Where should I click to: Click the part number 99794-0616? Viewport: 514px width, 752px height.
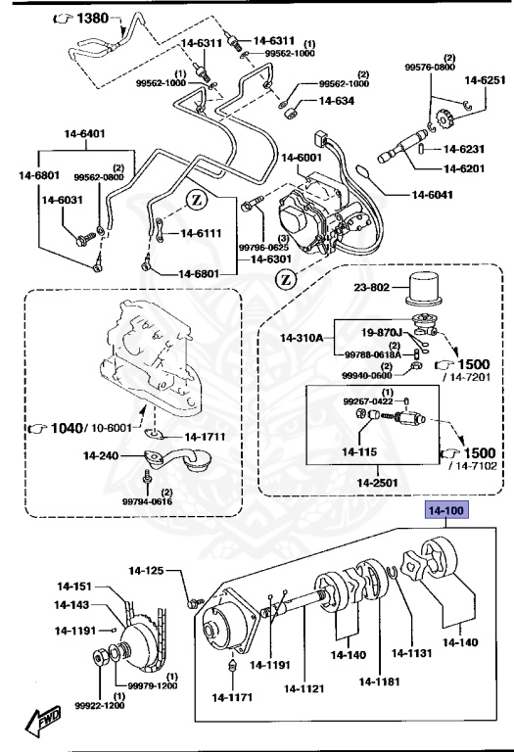point(147,501)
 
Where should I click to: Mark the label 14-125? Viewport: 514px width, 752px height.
point(147,570)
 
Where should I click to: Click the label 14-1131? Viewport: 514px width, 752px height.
point(412,654)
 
